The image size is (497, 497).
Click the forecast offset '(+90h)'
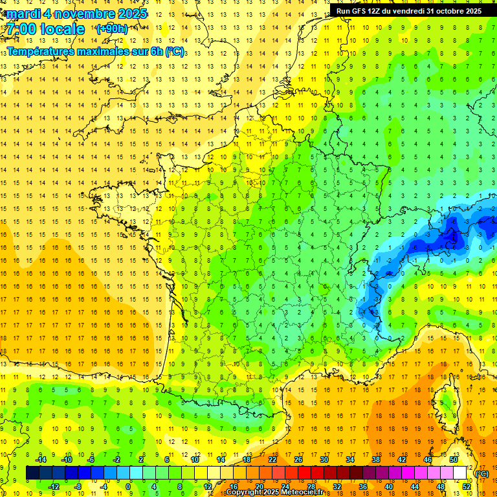pyautogui.click(x=111, y=29)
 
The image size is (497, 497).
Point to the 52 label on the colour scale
pyautogui.click(x=467, y=486)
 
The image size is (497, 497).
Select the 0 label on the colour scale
pyautogui.click(x=128, y=486)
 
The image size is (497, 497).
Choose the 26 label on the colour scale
pyautogui.click(x=298, y=459)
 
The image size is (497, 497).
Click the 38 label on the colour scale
pyautogui.click(x=376, y=459)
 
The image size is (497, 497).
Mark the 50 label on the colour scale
pyautogui.click(x=454, y=459)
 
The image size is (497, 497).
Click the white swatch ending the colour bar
pyautogui.click(x=460, y=473)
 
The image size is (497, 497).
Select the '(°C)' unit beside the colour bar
pyautogui.click(x=481, y=474)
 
